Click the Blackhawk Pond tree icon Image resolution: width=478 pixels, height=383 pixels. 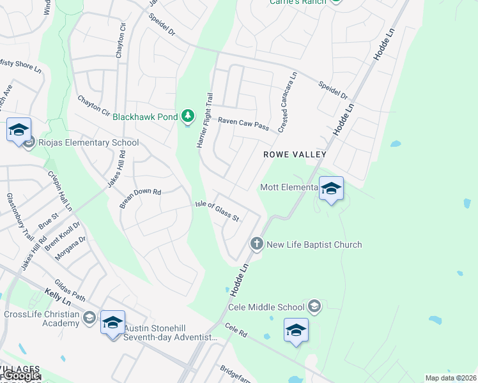188,116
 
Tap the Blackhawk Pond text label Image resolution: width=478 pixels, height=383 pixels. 146,117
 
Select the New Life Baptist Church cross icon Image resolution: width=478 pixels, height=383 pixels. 256,243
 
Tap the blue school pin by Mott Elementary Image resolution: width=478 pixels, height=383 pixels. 331,188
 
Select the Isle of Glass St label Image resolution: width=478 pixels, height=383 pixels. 217,211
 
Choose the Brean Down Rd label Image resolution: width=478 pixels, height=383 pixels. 141,199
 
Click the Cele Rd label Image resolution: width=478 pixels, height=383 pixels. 236,329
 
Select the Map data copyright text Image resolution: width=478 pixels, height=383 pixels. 451,378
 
